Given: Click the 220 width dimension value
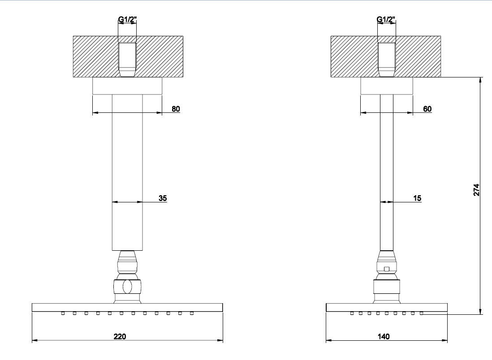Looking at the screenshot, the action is [x=120, y=336].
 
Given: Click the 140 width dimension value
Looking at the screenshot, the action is [x=384, y=336].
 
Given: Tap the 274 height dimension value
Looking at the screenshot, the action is [x=476, y=190].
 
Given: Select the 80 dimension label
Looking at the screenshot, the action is [x=176, y=109].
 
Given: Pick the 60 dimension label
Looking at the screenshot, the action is [x=427, y=109].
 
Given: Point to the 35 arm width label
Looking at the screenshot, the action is [x=163, y=198].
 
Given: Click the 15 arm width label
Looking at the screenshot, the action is [x=417, y=198].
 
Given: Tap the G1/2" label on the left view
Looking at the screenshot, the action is [x=127, y=20].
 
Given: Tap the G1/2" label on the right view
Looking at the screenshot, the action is [x=386, y=20].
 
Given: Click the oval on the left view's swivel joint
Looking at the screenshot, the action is [x=127, y=287].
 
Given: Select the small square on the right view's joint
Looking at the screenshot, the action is [x=387, y=269].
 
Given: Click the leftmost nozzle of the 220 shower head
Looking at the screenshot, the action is [x=63, y=313].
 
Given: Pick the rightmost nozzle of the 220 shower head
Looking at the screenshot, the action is [x=192, y=313].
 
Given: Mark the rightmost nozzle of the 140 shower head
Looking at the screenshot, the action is [x=421, y=313].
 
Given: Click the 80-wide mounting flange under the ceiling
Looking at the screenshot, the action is [x=127, y=86].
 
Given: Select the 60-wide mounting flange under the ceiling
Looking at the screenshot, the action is [x=387, y=86].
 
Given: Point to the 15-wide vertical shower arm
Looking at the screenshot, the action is [x=387, y=172].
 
